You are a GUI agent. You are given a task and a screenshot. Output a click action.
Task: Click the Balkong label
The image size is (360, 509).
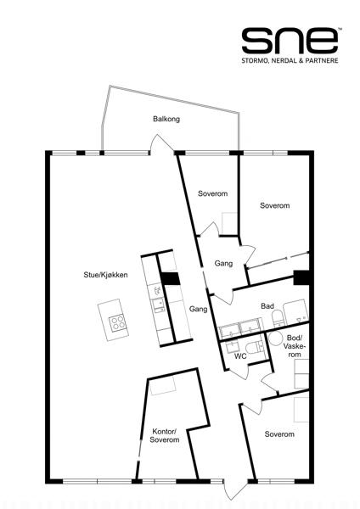166,119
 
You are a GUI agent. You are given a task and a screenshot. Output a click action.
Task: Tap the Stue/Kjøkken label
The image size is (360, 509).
105,275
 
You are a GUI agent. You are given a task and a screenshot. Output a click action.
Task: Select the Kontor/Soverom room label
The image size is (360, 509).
165,436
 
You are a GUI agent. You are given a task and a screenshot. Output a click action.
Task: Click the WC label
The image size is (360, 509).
240,356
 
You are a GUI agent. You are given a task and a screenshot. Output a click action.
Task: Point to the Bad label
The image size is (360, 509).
267,305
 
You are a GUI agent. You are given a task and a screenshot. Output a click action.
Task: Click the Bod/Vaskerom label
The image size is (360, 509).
295,346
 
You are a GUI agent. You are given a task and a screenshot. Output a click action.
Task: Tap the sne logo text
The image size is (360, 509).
290,41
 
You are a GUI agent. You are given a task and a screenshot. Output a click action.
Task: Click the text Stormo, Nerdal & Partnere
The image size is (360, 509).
290,60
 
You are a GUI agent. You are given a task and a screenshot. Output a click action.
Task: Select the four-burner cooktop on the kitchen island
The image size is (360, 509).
117,323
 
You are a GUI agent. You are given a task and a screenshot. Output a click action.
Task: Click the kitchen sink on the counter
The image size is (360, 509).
158,305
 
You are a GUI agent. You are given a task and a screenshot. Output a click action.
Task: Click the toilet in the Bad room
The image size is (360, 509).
278,318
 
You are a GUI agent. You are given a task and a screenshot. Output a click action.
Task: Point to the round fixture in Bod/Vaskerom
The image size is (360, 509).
276,338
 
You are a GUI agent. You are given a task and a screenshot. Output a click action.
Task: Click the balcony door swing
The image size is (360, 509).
161,143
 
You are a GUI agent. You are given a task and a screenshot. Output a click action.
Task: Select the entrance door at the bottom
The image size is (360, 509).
233,489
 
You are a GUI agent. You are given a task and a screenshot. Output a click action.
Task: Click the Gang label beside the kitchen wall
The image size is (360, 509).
198,309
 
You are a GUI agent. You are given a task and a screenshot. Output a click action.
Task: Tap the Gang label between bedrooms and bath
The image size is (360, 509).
223,263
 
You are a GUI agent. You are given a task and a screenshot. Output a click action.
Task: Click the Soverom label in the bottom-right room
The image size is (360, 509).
279,434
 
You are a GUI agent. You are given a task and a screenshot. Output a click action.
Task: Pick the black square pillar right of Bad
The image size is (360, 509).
301,277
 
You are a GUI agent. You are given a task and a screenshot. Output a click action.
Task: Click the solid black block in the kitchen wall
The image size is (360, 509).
171,279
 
